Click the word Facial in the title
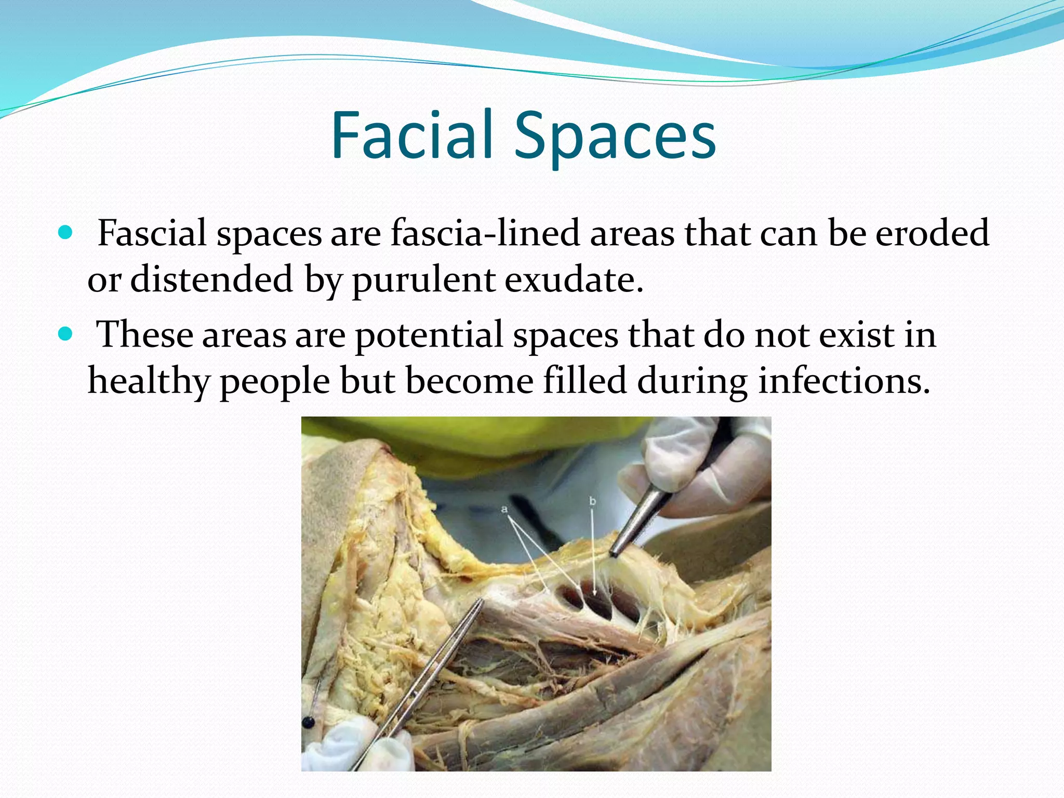click(411, 136)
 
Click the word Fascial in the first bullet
click(152, 233)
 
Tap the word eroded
click(932, 233)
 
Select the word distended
click(211, 279)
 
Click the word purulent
click(423, 280)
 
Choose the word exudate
click(574, 279)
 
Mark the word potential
click(429, 335)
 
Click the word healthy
click(149, 381)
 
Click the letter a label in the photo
click(504, 509)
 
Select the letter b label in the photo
click(592, 501)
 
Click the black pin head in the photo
click(308, 722)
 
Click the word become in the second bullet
click(469, 381)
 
